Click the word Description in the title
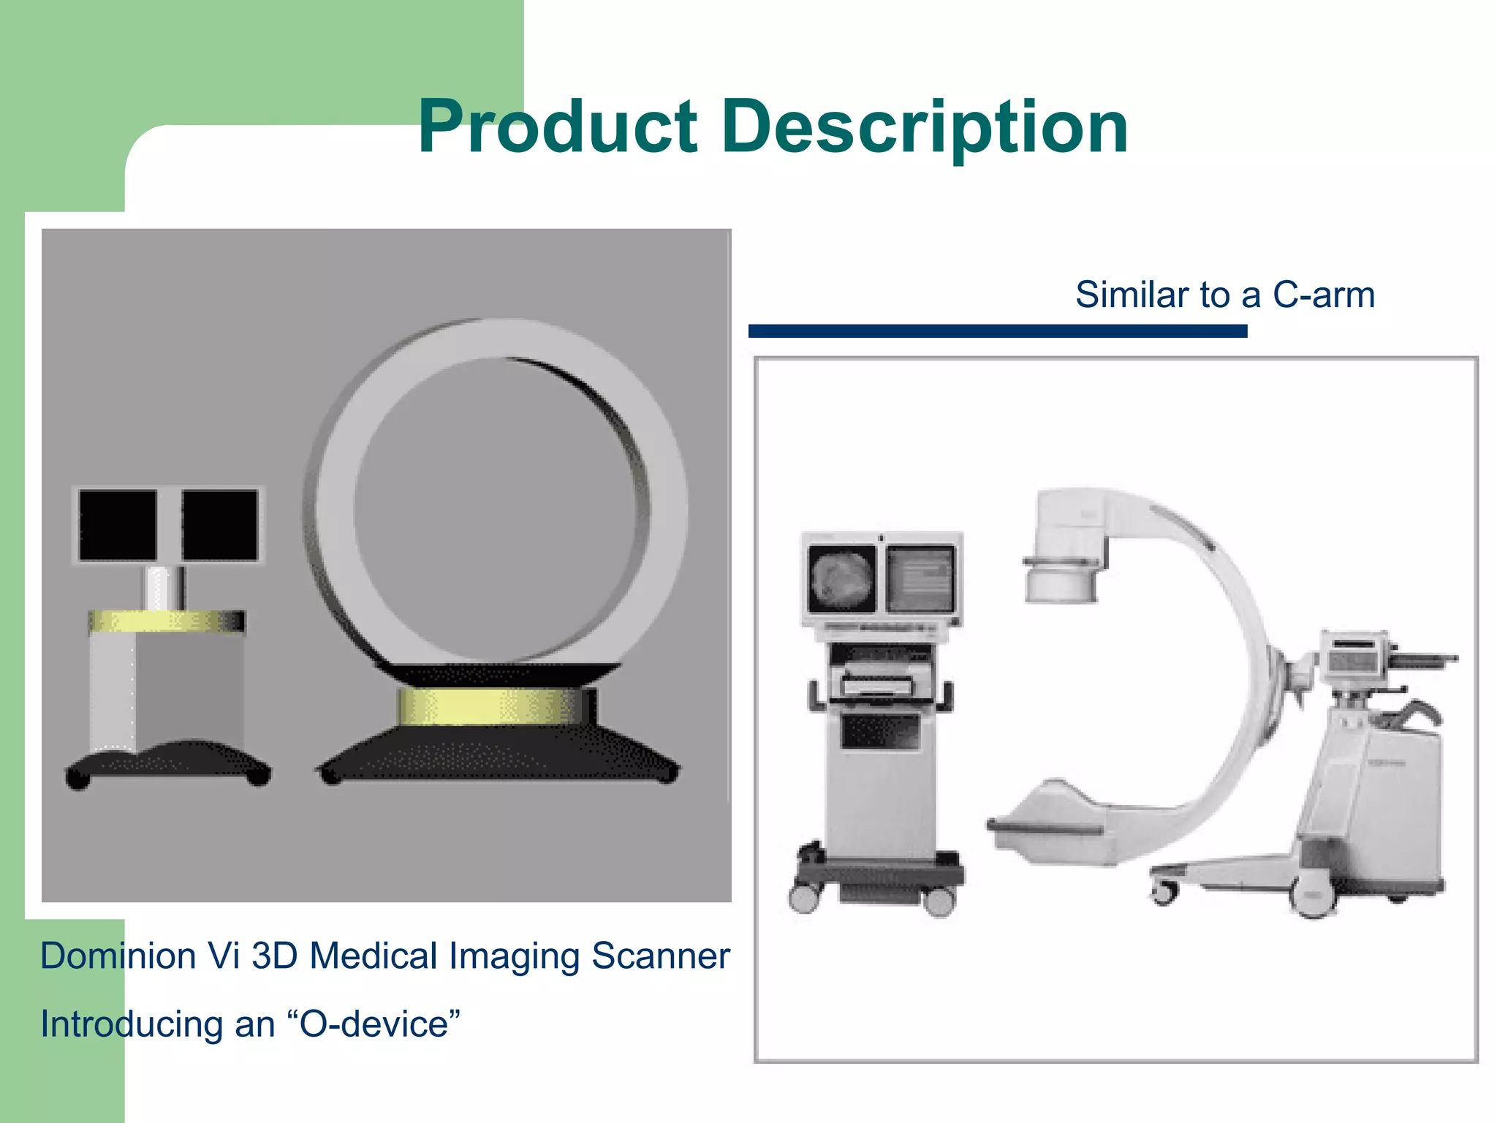coord(925,128)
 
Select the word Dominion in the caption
coord(118,956)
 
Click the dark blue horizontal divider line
coord(997,331)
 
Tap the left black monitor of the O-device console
coord(118,526)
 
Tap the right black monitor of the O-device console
coord(220,526)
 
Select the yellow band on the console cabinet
coord(167,621)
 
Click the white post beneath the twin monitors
coord(164,587)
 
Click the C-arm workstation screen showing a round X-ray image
coord(841,580)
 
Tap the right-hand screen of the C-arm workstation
coord(920,580)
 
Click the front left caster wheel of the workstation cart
coord(804,898)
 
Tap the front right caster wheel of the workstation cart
coord(939,901)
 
